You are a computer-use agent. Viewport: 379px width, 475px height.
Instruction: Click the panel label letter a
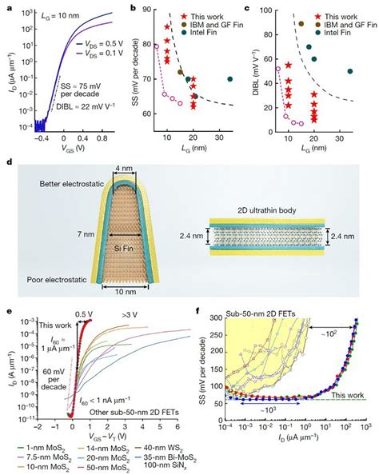[x=7, y=7]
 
